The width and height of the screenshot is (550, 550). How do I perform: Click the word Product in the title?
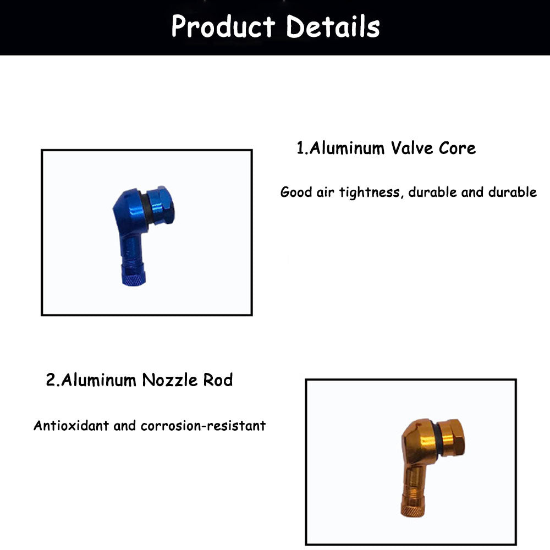pyautogui.click(x=222, y=26)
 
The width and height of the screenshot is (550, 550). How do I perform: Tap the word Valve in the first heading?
pyautogui.click(x=412, y=148)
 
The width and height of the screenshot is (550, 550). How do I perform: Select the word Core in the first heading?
pyautogui.click(x=458, y=148)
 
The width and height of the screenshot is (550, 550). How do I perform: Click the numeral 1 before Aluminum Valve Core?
pyautogui.click(x=300, y=148)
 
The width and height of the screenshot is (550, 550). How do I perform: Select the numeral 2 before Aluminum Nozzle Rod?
pyautogui.click(x=51, y=380)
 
